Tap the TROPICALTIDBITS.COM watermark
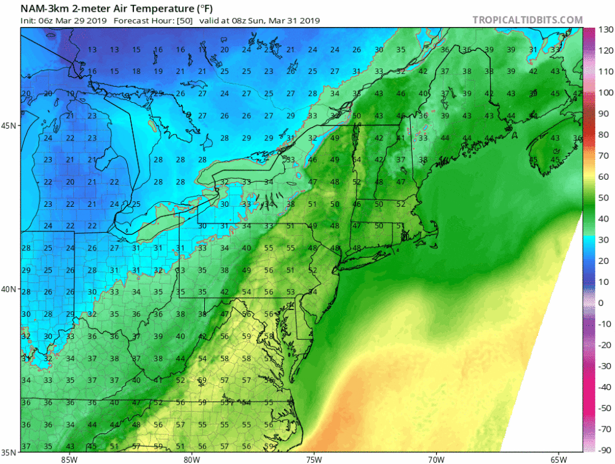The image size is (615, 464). (x=527, y=20)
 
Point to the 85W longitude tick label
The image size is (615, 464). (x=69, y=458)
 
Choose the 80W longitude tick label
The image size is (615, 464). (x=192, y=458)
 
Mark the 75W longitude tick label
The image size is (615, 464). (x=314, y=458)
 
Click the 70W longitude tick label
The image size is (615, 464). (x=436, y=458)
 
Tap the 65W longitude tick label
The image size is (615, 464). (x=558, y=458)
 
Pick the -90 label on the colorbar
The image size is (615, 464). (x=605, y=450)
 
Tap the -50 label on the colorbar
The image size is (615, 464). (x=605, y=408)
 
